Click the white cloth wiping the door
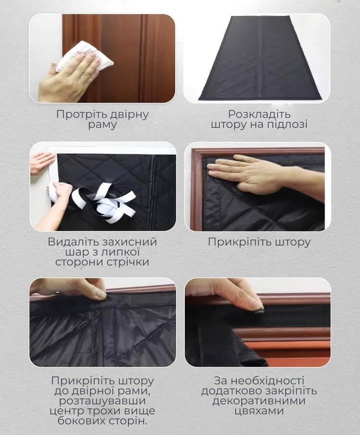84,59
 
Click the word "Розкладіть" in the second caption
259,114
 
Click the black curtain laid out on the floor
260,59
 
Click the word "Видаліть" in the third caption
73,242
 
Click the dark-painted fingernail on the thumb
259,311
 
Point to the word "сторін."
125,422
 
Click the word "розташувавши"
103,401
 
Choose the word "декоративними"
259,401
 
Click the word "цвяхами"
259,411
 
